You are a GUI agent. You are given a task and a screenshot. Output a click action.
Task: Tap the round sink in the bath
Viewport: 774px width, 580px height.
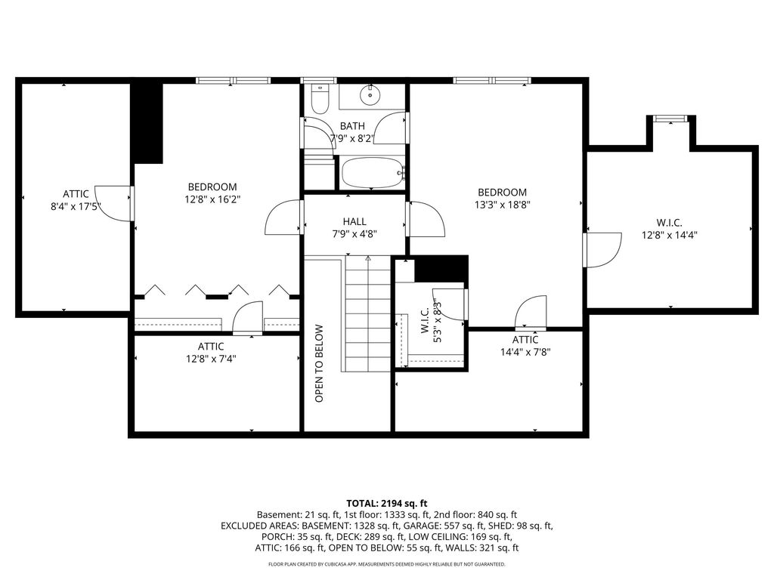pos(369,94)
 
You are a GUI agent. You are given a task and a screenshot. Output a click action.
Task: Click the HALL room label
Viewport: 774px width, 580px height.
pos(354,221)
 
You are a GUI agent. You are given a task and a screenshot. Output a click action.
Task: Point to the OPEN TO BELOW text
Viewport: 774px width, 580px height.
pos(319,363)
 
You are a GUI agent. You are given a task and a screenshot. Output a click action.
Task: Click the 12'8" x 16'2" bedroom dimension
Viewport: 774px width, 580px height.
pos(212,199)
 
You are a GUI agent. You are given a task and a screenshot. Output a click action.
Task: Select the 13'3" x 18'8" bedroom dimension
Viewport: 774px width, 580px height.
pos(503,205)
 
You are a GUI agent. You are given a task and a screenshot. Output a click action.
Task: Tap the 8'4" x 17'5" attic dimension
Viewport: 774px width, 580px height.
pos(76,206)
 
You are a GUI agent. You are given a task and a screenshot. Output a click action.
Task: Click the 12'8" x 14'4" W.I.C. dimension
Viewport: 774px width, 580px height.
pos(670,236)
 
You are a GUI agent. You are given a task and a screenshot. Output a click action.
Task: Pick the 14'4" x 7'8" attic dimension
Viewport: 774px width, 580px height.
pos(525,352)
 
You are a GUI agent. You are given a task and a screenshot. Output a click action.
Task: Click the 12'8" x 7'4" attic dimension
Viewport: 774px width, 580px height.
pos(211,359)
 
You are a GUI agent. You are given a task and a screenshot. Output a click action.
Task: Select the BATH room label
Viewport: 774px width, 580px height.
pos(352,126)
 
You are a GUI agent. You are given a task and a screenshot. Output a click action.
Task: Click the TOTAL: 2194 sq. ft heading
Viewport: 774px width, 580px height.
pos(386,504)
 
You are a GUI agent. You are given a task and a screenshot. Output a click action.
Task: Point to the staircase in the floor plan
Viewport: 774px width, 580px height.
pos(368,313)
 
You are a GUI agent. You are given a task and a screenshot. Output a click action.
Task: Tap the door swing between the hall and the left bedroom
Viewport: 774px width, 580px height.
pos(283,217)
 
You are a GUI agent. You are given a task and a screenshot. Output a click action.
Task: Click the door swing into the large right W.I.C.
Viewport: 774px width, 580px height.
pos(602,250)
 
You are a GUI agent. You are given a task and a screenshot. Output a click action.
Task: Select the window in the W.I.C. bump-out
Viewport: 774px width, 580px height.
pos(670,119)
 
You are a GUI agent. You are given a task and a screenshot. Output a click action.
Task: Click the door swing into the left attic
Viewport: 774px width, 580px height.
pos(113,203)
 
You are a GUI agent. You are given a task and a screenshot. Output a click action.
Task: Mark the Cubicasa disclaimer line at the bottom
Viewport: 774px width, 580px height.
pos(386,564)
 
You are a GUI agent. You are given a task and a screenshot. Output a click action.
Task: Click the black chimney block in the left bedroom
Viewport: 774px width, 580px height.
pos(147,123)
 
